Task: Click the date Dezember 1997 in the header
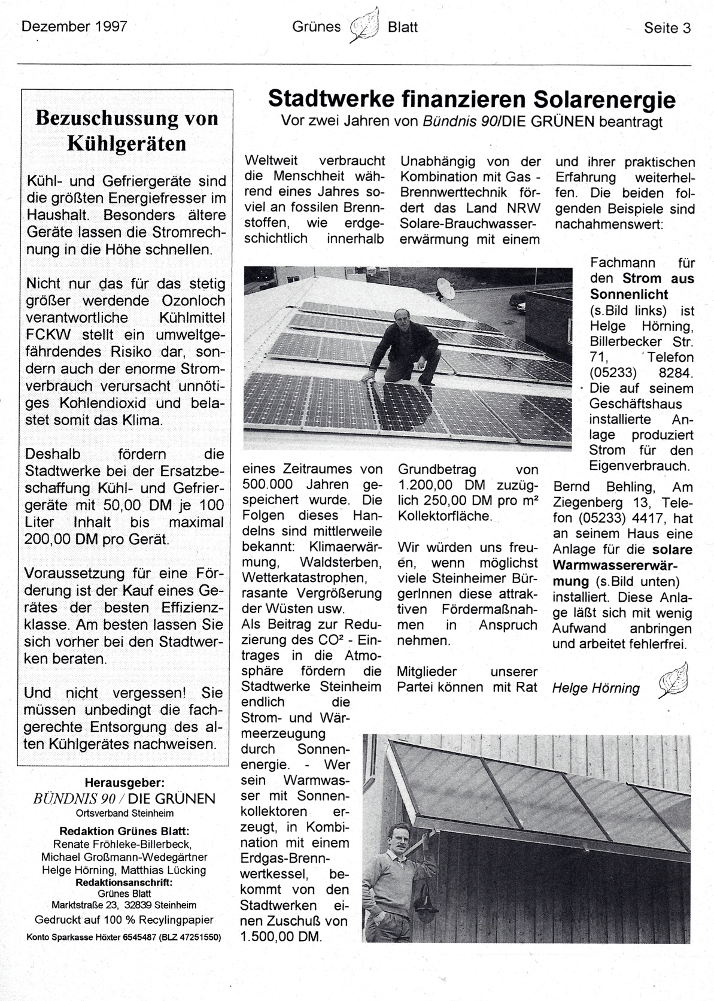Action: pyautogui.click(x=74, y=27)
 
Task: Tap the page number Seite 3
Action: pyautogui.click(x=667, y=28)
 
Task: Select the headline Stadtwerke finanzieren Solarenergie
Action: pyautogui.click(x=472, y=99)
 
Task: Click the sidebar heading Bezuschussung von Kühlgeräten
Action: pyautogui.click(x=127, y=131)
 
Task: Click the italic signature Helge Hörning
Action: pyautogui.click(x=595, y=688)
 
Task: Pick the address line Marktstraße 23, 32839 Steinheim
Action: pyautogui.click(x=124, y=905)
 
